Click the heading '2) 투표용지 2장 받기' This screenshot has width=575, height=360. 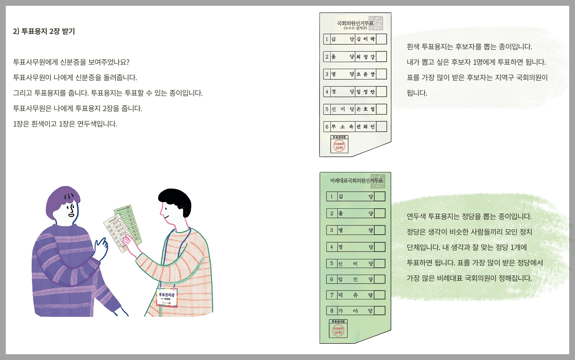click(44, 31)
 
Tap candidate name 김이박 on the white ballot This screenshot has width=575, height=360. click(365, 39)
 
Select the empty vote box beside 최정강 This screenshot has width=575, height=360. click(381, 57)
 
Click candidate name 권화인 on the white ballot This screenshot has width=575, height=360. click(365, 127)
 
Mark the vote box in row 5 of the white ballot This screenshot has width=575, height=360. click(381, 109)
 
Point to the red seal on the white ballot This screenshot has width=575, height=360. click(339, 146)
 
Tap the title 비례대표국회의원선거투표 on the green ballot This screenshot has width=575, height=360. click(356, 181)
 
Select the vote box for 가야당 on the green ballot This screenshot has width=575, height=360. click(380, 311)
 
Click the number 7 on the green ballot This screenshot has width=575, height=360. click(331, 295)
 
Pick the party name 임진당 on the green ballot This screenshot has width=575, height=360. click(355, 279)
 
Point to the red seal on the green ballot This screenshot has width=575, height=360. click(338, 331)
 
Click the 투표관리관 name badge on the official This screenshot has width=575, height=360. click(167, 297)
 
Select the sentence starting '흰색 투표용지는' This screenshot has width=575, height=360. click(469, 47)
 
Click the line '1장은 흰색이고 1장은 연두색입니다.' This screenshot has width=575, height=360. click(65, 124)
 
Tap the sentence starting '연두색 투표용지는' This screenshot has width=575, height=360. click(469, 216)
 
